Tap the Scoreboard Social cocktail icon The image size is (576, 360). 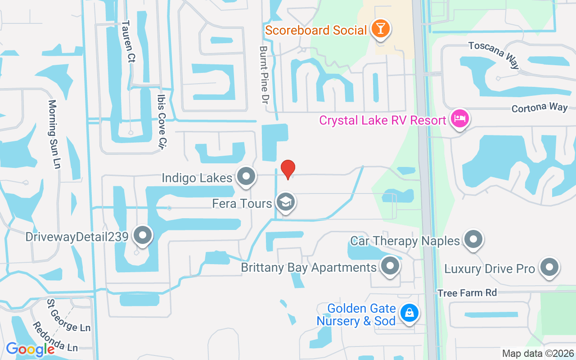click(x=380, y=30)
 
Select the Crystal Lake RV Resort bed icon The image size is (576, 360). click(x=459, y=119)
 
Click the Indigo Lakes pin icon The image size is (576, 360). click(x=246, y=176)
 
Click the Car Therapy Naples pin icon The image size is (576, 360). click(x=473, y=240)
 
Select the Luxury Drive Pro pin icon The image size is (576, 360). click(x=549, y=268)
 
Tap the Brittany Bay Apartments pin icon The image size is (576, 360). click(x=390, y=266)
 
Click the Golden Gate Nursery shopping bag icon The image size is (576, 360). click(x=409, y=312)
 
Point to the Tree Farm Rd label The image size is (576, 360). click(x=467, y=293)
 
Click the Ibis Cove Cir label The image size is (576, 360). click(x=161, y=121)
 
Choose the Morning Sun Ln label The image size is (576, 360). click(x=54, y=134)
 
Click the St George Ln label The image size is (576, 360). click(x=68, y=319)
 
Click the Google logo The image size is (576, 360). click(x=30, y=349)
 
